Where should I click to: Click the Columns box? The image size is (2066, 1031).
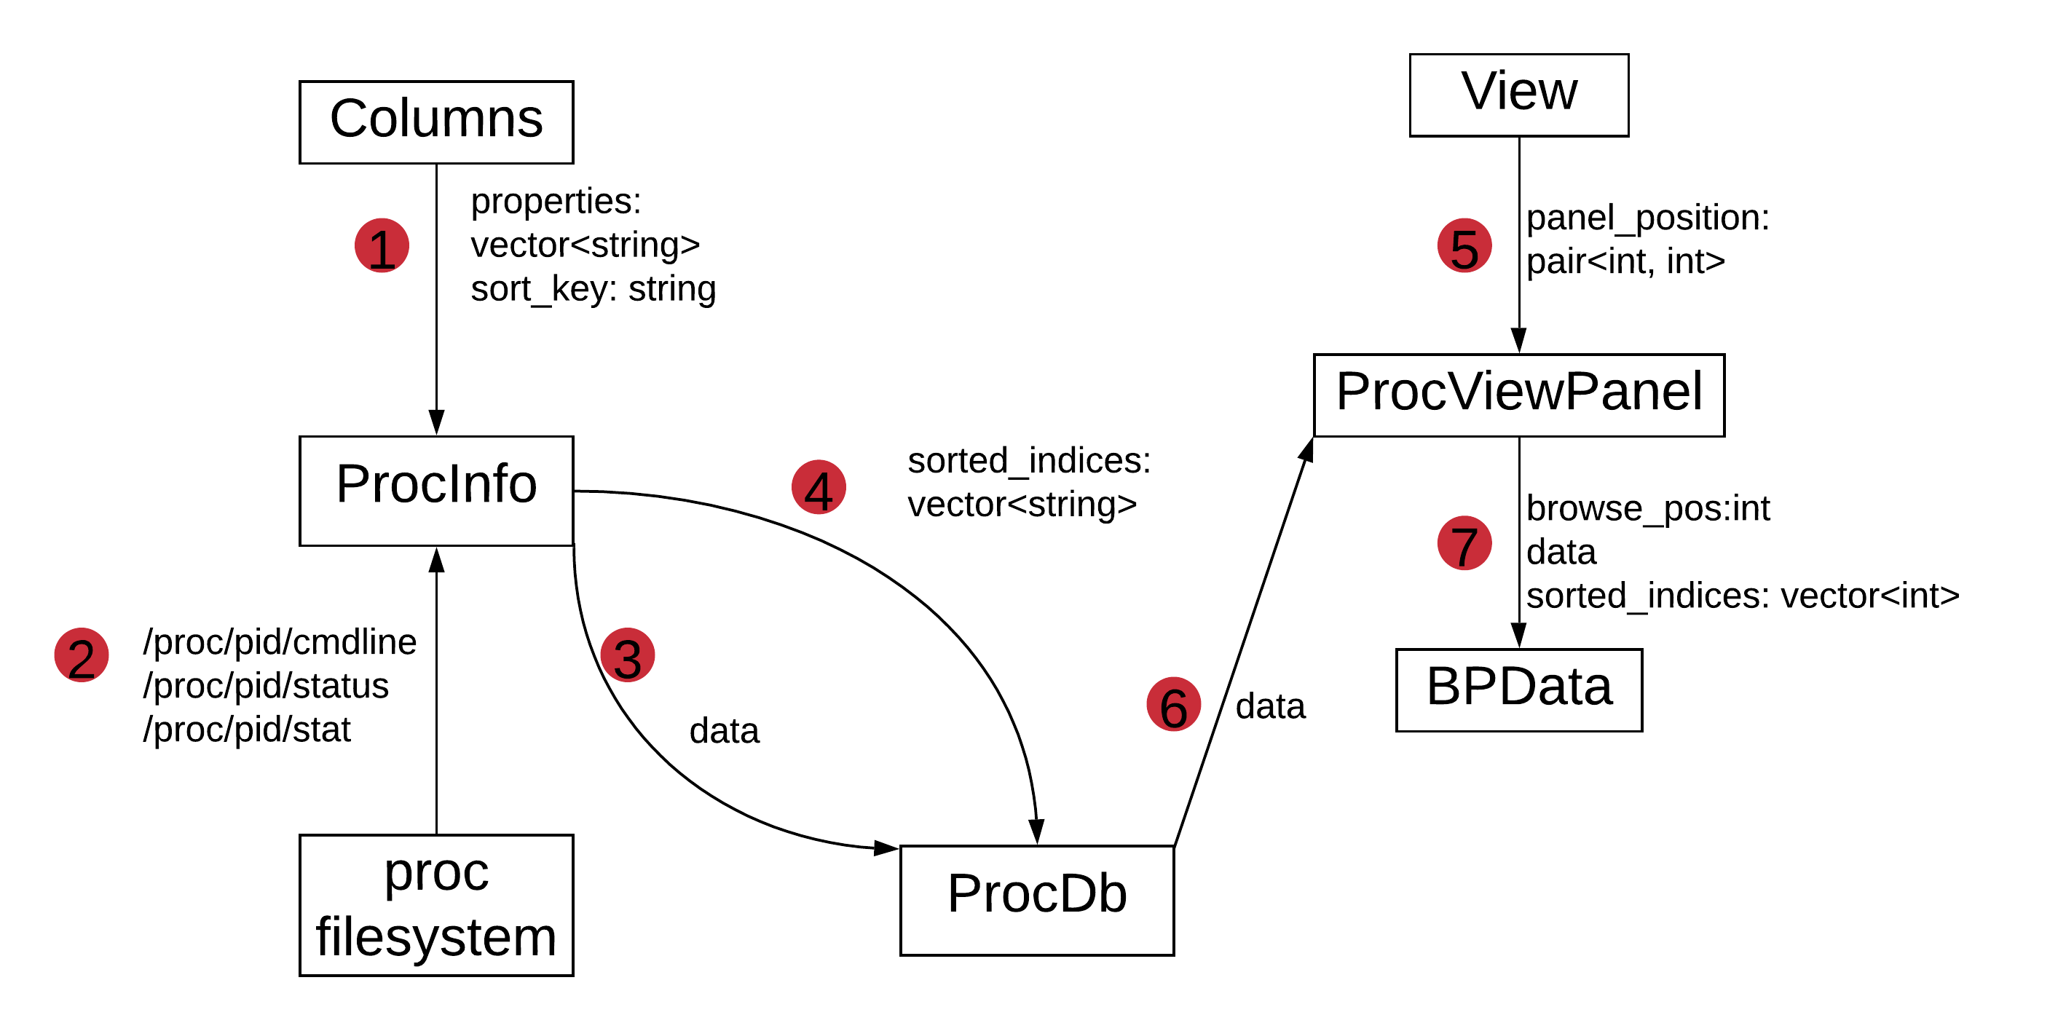(x=436, y=122)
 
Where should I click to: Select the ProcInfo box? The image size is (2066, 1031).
(x=436, y=490)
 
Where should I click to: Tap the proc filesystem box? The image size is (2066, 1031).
(x=436, y=904)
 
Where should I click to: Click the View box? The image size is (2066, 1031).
(x=1518, y=95)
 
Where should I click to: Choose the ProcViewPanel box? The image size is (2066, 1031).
(x=1518, y=395)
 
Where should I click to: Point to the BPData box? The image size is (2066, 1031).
(x=1518, y=690)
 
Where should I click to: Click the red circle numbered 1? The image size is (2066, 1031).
(x=382, y=245)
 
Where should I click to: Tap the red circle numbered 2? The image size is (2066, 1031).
(x=82, y=655)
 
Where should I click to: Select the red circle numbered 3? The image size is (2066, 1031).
(x=627, y=655)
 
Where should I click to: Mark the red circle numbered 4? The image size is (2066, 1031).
(x=818, y=486)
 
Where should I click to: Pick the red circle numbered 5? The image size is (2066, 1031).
(x=1464, y=245)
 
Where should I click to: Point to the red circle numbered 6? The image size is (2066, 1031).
(x=1173, y=705)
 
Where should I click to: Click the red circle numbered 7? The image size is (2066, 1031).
(x=1464, y=542)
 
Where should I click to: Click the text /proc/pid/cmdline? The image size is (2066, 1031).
(x=280, y=641)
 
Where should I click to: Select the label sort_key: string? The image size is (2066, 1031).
(x=593, y=288)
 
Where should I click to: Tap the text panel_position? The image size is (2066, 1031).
(x=1647, y=217)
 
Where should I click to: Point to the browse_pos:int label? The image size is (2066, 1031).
(x=1647, y=508)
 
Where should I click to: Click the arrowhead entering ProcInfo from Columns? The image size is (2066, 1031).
(x=436, y=422)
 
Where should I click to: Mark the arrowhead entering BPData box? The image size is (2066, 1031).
(x=1518, y=636)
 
